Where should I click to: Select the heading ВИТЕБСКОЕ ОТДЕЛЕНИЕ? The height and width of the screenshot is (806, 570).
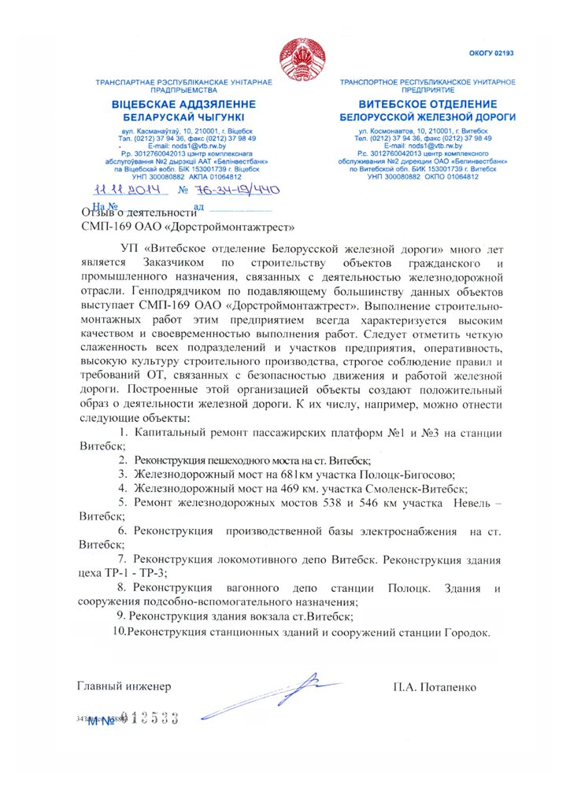click(x=427, y=105)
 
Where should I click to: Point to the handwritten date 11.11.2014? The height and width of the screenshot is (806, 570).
click(x=127, y=190)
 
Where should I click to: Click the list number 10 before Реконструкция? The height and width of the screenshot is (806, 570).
click(x=118, y=632)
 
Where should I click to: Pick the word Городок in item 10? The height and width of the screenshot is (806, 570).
click(x=464, y=632)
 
